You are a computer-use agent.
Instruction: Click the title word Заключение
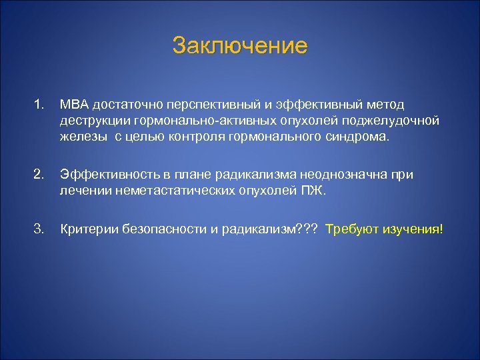click(240, 46)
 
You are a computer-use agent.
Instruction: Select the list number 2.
click(39, 175)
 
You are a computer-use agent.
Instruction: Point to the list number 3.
click(39, 229)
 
